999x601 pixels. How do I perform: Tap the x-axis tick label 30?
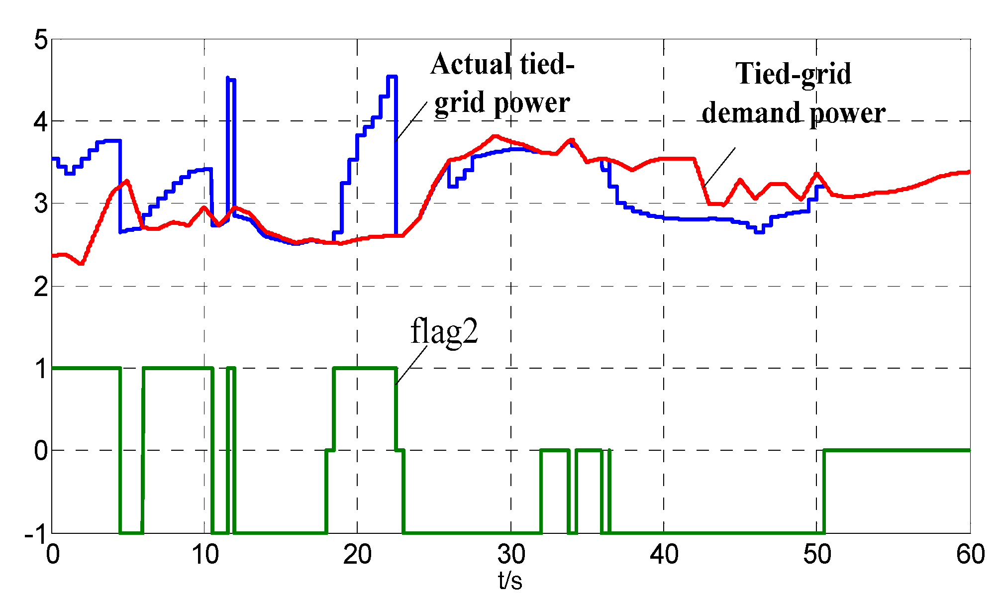tap(510, 554)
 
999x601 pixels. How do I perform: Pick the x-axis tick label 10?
tap(205, 554)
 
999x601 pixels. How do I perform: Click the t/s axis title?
tap(510, 580)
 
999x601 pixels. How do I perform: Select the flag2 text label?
tap(444, 332)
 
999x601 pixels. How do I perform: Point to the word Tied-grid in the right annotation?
tap(793, 74)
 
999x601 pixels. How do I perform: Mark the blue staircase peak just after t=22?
tap(392, 77)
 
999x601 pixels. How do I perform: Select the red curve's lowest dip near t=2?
tap(81, 263)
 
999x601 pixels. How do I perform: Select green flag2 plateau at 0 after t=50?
tap(896, 450)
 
